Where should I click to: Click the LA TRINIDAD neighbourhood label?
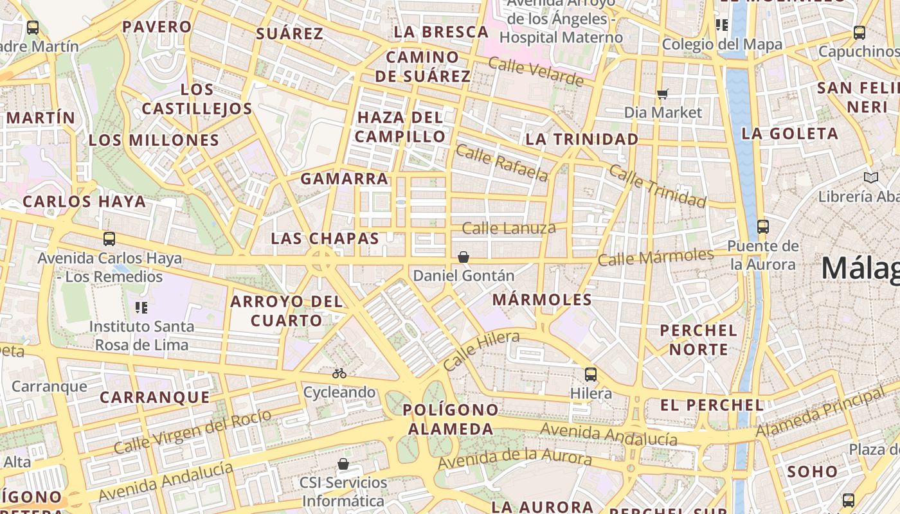point(582,139)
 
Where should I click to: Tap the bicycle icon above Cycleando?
point(339,373)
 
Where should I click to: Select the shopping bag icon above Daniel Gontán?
point(463,258)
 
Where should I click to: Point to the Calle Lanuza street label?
point(509,228)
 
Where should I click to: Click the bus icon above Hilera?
point(590,375)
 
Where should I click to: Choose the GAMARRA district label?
point(345,179)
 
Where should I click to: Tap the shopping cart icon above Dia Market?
point(663,94)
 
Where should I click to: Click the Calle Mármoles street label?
point(655,258)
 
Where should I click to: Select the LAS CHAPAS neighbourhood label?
point(325,238)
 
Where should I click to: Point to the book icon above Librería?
point(871,178)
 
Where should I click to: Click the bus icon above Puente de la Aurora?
point(763,227)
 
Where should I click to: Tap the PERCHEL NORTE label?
point(699,340)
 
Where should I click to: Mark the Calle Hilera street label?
point(481,351)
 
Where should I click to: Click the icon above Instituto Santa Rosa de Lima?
point(141,308)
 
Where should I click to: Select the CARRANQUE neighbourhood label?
point(155,398)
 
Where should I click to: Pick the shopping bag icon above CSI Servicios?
point(343,464)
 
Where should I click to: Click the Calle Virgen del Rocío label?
point(192,431)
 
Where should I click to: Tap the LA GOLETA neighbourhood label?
point(789,134)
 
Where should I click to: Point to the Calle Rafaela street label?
point(501,163)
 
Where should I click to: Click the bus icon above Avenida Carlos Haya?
point(109,240)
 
